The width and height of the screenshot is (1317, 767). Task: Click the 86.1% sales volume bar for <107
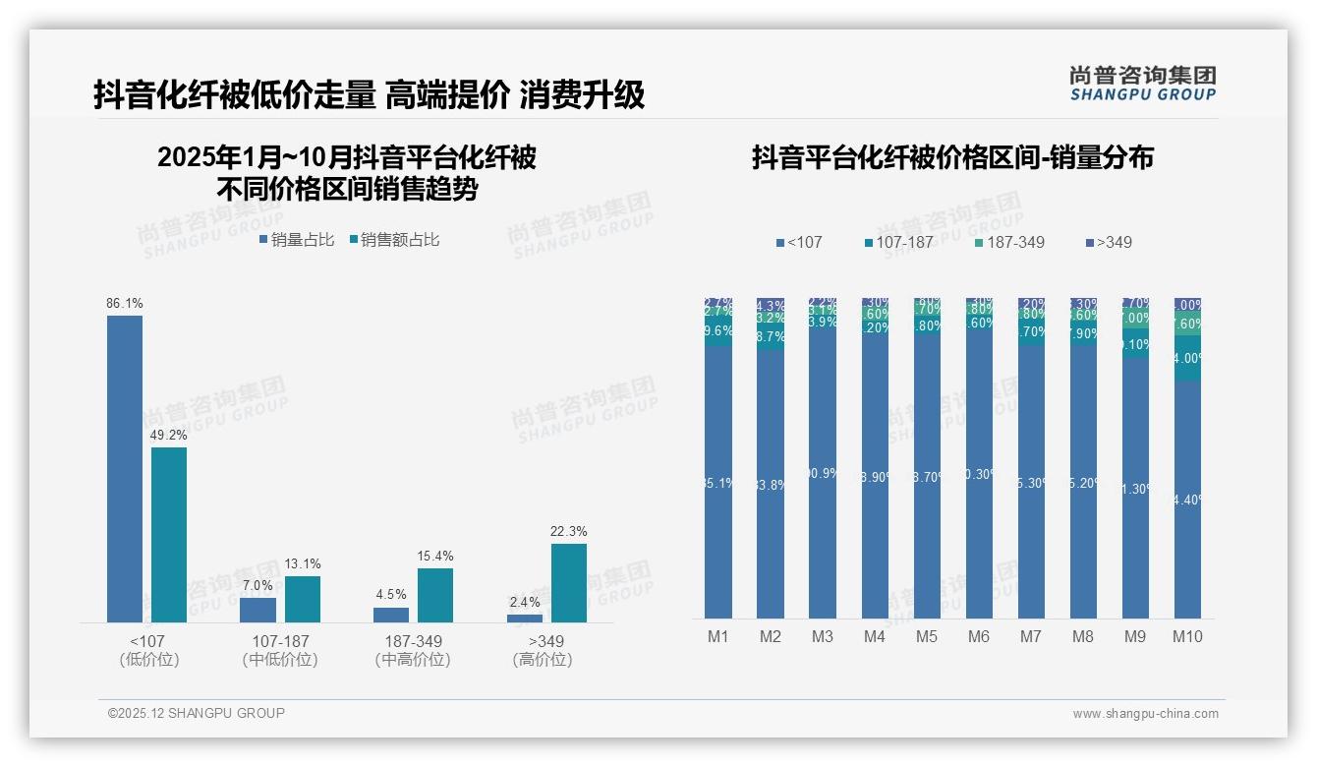(125, 468)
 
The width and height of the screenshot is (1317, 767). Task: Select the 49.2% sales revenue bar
(169, 535)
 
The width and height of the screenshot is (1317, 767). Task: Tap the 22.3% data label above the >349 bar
(569, 532)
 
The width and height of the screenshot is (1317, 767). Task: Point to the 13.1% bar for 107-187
(303, 599)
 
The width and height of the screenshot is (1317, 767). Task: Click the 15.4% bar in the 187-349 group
(435, 595)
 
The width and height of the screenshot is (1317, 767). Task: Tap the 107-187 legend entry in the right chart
(897, 242)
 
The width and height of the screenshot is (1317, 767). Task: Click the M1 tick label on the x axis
(718, 636)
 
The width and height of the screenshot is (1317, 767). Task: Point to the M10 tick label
(1187, 636)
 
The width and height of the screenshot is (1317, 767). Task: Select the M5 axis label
(927, 636)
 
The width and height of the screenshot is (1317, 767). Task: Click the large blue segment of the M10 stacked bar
(1187, 500)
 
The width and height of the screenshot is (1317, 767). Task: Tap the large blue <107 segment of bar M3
(823, 472)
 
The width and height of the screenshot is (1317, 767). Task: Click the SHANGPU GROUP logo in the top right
(1142, 84)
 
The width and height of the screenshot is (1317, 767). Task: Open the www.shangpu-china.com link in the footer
(1145, 714)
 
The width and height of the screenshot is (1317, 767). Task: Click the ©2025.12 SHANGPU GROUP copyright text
(197, 713)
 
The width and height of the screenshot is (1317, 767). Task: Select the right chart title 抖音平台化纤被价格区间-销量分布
(952, 157)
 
